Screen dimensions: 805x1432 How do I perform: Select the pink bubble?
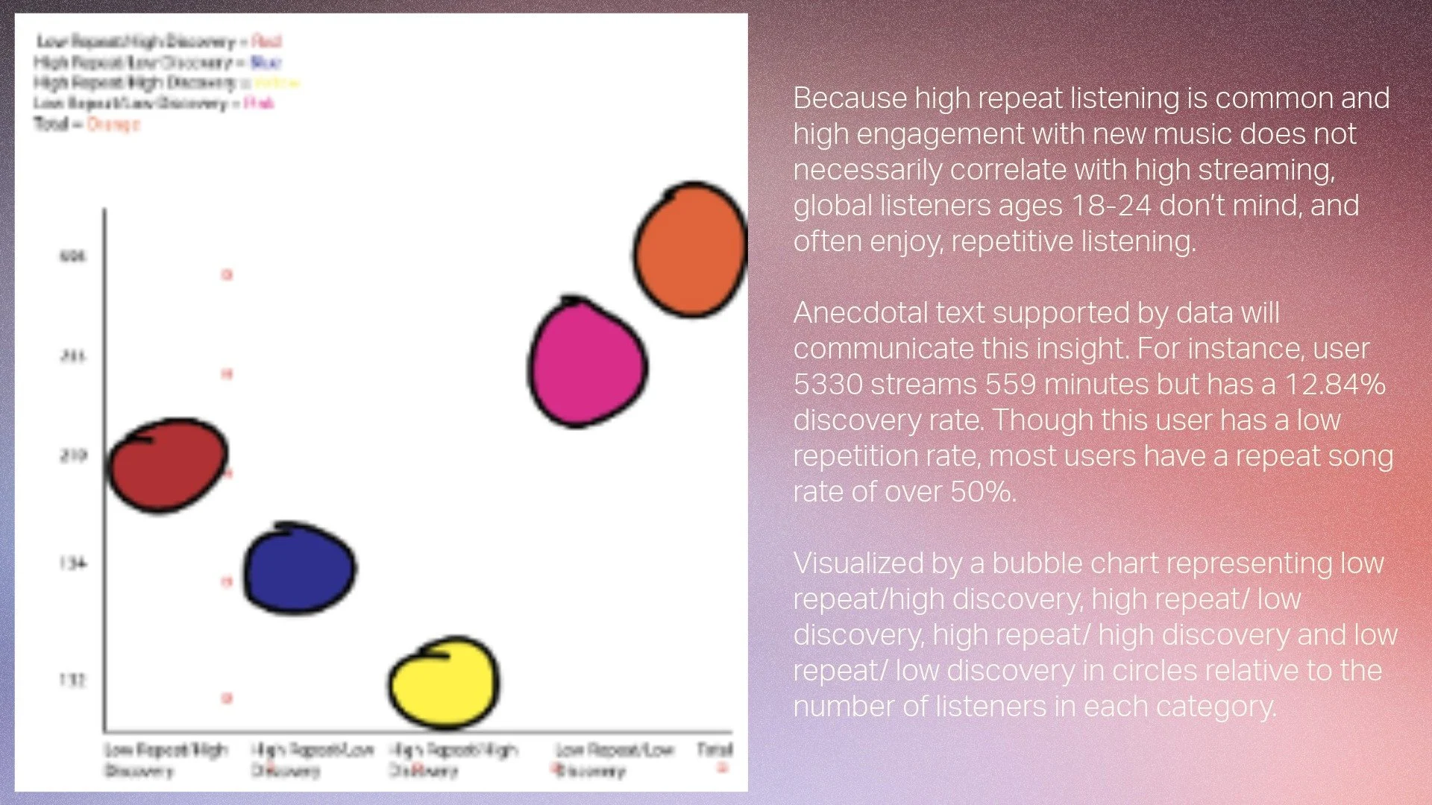click(x=587, y=363)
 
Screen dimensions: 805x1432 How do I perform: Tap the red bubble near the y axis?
click(x=168, y=466)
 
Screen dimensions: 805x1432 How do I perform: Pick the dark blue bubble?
click(x=300, y=568)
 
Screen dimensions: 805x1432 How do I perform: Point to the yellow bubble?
click(x=445, y=682)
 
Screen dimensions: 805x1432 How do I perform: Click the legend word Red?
click(x=266, y=41)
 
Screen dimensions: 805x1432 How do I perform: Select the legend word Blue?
click(x=266, y=62)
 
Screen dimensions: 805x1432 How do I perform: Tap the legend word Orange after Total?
click(x=113, y=124)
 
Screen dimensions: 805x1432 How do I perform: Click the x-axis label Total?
click(x=715, y=749)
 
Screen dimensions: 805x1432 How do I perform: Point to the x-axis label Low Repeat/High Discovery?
click(x=165, y=760)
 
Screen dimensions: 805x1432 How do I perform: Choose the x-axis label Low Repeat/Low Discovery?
click(x=613, y=760)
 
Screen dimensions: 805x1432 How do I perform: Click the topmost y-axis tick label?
click(x=72, y=256)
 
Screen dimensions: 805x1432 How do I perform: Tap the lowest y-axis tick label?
click(x=72, y=680)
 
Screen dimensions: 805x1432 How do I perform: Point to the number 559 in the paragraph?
click(x=1011, y=385)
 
